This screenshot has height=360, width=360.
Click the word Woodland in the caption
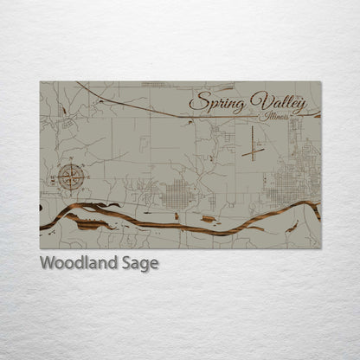coord(80,263)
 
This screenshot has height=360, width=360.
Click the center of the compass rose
coord(73,178)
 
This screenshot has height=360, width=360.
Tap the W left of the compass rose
coord(56,179)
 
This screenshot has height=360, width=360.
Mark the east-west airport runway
coord(254,153)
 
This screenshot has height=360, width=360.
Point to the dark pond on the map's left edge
coord(42,209)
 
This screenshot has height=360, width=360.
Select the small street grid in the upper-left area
coord(153,85)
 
